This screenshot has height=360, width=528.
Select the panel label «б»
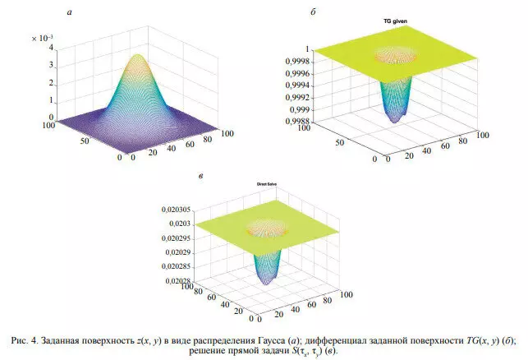[x=315, y=12]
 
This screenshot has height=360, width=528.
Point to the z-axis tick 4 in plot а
[x=50, y=48]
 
